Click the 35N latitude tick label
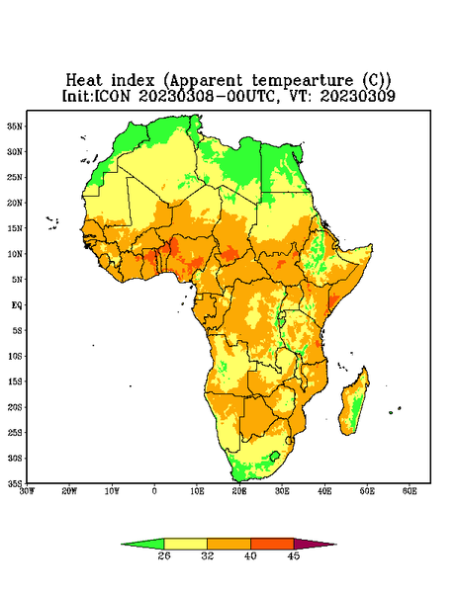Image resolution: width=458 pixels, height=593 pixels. click(x=15, y=127)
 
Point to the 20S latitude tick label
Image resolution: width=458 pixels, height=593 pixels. click(x=15, y=407)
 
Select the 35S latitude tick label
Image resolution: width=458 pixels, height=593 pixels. click(x=15, y=483)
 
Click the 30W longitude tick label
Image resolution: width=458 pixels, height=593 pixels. click(x=27, y=491)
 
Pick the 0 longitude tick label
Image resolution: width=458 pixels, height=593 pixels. click(x=154, y=491)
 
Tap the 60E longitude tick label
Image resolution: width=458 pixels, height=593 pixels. click(x=410, y=491)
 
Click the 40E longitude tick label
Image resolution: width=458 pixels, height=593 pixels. click(x=324, y=491)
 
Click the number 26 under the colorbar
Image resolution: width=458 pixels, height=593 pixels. click(x=164, y=555)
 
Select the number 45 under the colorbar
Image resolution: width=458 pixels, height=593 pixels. click(x=294, y=555)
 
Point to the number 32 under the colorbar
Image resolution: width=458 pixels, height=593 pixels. click(x=208, y=555)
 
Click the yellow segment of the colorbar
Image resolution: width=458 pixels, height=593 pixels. click(x=185, y=544)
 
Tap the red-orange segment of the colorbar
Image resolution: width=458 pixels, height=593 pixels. click(x=272, y=544)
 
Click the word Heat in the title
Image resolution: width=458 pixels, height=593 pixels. click(x=84, y=81)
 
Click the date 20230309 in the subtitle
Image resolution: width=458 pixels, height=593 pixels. click(x=358, y=96)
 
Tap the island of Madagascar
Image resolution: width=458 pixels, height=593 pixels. click(x=355, y=402)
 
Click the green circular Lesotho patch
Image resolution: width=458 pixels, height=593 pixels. click(x=275, y=456)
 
